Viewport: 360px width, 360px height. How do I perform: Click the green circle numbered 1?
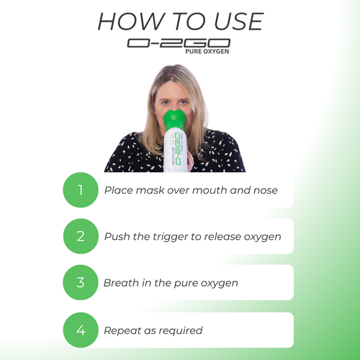pos(81,191)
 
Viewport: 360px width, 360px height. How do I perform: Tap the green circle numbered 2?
pos(81,236)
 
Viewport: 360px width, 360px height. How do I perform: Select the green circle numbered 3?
pos(81,283)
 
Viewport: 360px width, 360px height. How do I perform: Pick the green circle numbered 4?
pos(81,330)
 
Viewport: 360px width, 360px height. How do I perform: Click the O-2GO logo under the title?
pos(179,43)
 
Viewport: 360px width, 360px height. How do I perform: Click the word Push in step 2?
pos(116,236)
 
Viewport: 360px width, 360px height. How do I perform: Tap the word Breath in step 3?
pos(121,283)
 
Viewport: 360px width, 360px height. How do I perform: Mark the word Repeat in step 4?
pos(122,330)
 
